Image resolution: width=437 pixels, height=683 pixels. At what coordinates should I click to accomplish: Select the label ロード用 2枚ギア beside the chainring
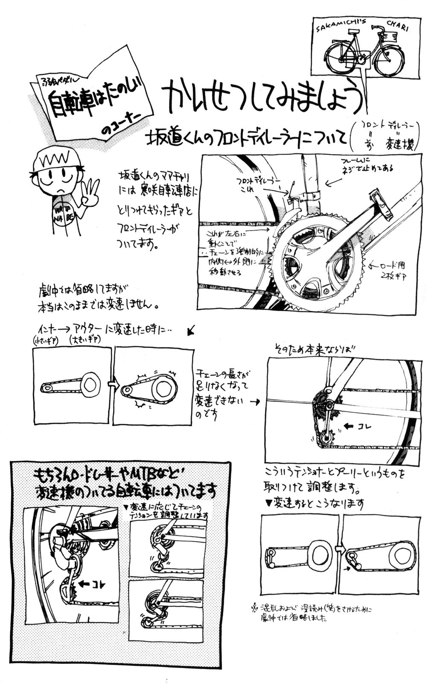[391, 269]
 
